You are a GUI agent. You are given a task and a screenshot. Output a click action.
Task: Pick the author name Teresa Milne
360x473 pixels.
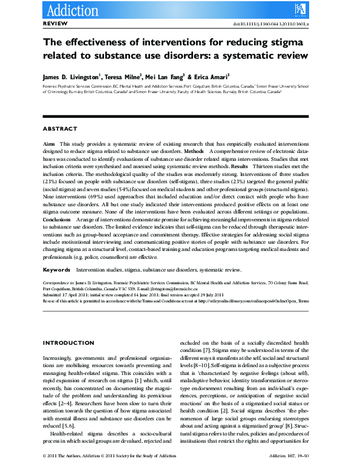123,77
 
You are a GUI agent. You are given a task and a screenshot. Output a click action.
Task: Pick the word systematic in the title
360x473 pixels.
250,56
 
